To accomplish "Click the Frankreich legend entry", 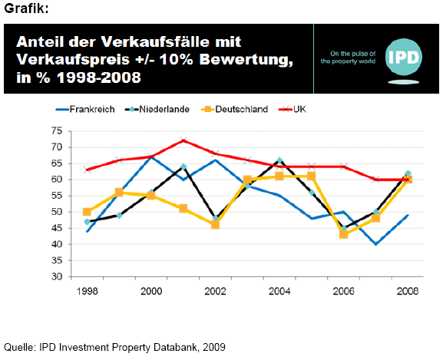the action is point(85,109).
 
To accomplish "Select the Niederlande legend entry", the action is point(157,109).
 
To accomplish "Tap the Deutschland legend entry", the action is point(234,109).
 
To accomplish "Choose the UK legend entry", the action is point(293,109).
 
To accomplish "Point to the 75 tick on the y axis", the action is point(57,131).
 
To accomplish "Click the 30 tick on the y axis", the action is point(57,276).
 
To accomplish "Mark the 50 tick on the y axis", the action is point(57,212).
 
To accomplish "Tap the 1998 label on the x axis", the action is point(88,291).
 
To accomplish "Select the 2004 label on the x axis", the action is point(279,291).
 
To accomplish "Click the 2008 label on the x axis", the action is point(408,291).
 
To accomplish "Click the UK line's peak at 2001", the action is point(183,140).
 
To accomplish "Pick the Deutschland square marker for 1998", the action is point(87,212).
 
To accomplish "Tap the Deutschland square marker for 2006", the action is point(343,234).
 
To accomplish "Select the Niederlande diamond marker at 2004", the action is point(279,160).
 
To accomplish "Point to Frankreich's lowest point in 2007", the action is point(375,244).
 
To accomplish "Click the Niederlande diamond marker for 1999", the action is point(119,216).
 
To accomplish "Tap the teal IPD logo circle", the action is point(403,57).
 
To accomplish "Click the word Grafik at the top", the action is point(26,8).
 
